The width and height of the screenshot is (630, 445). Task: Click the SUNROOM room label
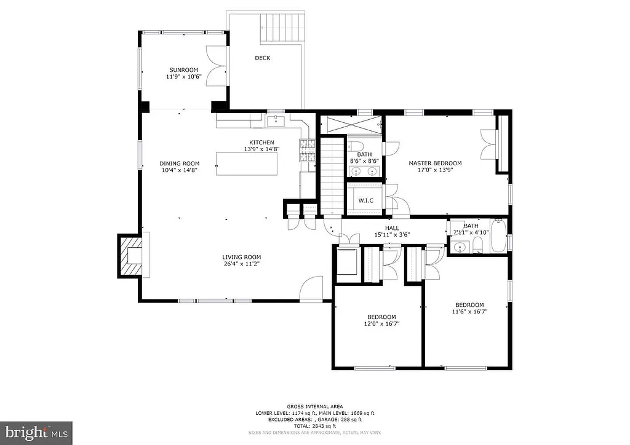point(182,70)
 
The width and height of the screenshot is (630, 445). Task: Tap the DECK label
point(263,58)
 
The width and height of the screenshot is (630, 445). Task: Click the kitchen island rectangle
point(246,163)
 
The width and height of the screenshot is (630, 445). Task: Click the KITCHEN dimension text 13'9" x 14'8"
point(261,149)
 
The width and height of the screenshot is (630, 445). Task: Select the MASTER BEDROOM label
point(435,163)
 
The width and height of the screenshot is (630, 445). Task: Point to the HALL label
point(392,227)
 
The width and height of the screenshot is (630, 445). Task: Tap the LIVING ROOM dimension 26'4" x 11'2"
point(242,264)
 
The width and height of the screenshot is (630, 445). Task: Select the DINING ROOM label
point(180,163)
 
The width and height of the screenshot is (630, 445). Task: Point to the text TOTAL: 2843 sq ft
point(314,426)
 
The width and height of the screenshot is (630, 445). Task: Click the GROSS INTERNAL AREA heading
point(314,407)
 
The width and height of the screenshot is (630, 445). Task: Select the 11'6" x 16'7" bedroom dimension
point(469,312)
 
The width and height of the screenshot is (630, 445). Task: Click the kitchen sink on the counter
point(275,121)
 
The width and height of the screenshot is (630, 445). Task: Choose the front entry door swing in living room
point(313,287)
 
